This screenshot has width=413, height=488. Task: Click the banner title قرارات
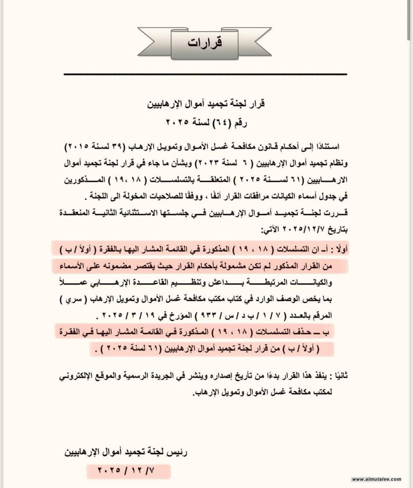(205, 43)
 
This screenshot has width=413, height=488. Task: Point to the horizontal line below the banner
(205, 74)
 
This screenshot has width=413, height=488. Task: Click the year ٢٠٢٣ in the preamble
(210, 163)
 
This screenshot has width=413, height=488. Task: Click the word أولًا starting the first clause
(340, 250)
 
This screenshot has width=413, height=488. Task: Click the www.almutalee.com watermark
(376, 479)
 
